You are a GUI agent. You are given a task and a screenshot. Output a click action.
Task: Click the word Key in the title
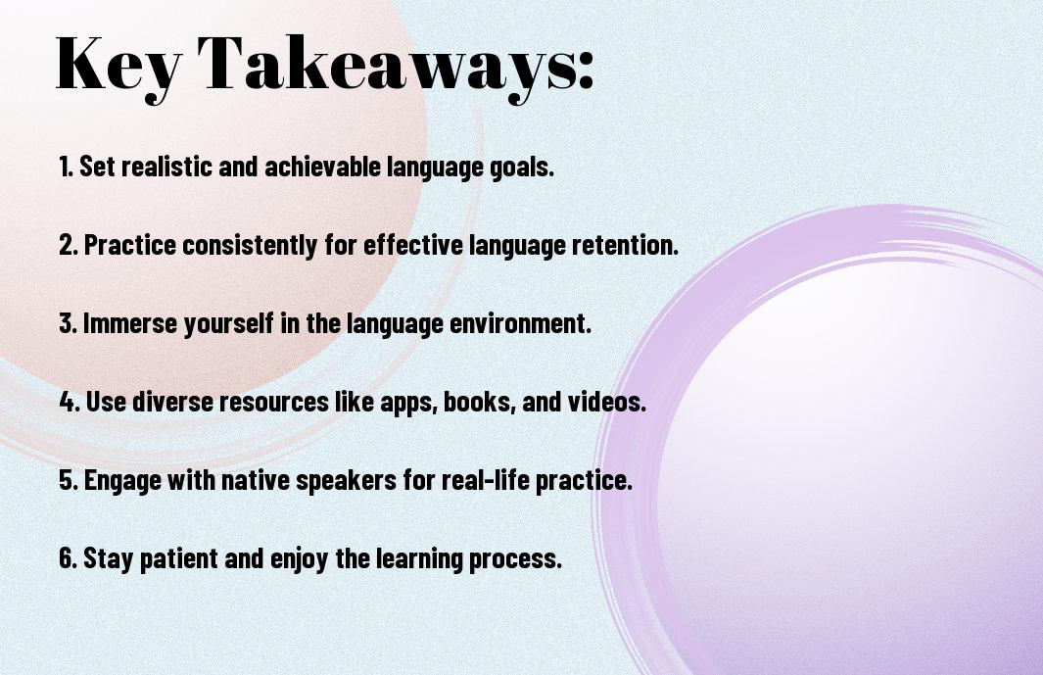coord(119,66)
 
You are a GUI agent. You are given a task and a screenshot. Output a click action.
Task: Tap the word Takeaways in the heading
coord(389,66)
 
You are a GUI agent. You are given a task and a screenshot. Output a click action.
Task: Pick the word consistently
coord(250,246)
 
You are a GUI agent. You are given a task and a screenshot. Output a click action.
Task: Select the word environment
coord(520,323)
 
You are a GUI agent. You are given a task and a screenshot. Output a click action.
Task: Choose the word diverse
coord(172,402)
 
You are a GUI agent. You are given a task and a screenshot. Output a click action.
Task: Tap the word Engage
coord(122,481)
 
